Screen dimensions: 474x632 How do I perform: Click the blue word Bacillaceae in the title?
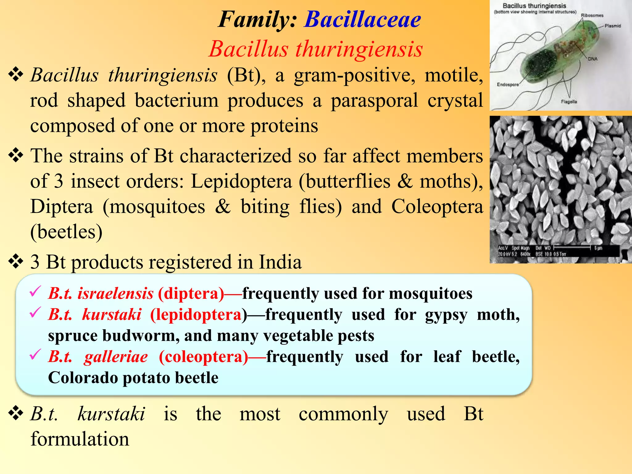[x=363, y=20]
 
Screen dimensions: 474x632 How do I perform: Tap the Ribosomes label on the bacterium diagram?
[x=592, y=15]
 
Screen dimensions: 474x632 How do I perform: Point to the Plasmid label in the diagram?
[x=613, y=26]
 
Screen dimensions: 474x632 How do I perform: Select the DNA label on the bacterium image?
[x=592, y=59]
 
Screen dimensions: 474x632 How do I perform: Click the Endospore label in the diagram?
[x=508, y=85]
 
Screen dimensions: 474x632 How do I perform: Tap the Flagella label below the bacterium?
[x=569, y=102]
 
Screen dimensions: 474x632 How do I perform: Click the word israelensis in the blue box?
[x=115, y=293]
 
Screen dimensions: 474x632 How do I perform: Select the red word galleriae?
[x=116, y=357]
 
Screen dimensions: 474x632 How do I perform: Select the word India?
[x=280, y=262]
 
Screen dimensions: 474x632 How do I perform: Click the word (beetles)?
[x=66, y=232]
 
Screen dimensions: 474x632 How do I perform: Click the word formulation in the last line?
[x=80, y=439]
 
